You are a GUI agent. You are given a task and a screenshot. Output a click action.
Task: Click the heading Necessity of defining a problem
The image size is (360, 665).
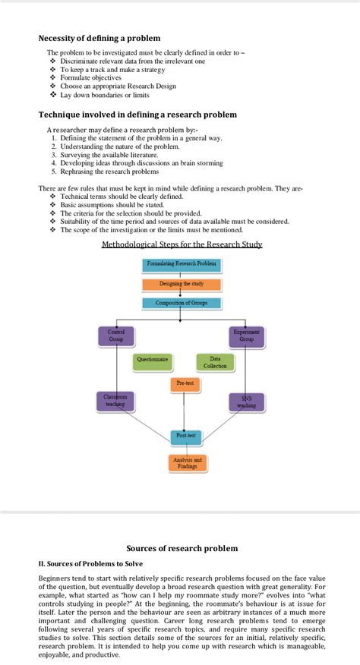coord(99,38)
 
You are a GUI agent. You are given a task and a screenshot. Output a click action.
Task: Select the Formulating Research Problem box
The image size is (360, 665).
coord(182,264)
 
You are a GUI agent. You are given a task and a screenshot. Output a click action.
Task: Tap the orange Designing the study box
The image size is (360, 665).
coord(182,284)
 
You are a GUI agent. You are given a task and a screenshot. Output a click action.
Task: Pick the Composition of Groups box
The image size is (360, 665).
coord(182,303)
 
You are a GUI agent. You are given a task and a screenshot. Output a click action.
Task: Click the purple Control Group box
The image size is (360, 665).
coord(116,336)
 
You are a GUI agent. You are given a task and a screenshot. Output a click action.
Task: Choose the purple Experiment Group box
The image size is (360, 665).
coord(247,336)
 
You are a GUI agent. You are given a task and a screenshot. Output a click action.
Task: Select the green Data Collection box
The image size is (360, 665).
coord(215,362)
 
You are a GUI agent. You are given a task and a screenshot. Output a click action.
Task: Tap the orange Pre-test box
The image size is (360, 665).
coord(185,383)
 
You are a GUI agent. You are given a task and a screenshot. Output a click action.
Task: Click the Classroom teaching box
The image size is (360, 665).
coord(115,401)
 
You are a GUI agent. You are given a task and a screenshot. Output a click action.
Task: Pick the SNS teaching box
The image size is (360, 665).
coord(247,402)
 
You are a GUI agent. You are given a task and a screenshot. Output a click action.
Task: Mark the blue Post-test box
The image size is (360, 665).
coord(185,437)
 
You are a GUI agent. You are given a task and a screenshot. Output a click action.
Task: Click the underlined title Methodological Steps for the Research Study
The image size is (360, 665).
coord(182,244)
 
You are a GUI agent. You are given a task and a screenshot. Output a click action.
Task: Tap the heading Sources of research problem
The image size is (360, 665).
coord(182,548)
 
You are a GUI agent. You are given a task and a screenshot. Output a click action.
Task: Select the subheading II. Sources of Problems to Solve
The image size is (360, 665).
coord(90,563)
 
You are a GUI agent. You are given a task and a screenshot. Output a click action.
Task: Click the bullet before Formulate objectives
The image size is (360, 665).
coord(52,78)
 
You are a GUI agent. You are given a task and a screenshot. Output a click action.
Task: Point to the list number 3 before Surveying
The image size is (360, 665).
coord(54,155)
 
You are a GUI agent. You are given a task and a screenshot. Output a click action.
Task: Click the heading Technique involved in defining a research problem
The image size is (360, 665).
coord(137,115)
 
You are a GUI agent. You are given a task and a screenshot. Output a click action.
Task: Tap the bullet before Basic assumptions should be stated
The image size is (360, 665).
coord(52,205)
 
